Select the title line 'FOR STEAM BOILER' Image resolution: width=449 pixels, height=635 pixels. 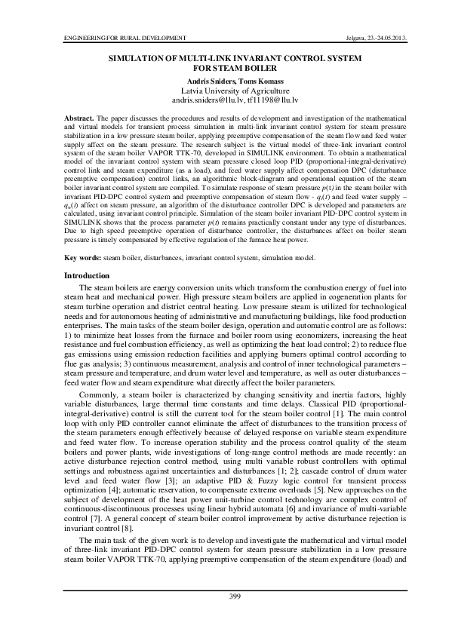click(x=224, y=66)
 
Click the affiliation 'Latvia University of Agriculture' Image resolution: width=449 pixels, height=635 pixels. click(x=224, y=89)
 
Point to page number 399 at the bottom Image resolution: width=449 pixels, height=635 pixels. click(x=224, y=597)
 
